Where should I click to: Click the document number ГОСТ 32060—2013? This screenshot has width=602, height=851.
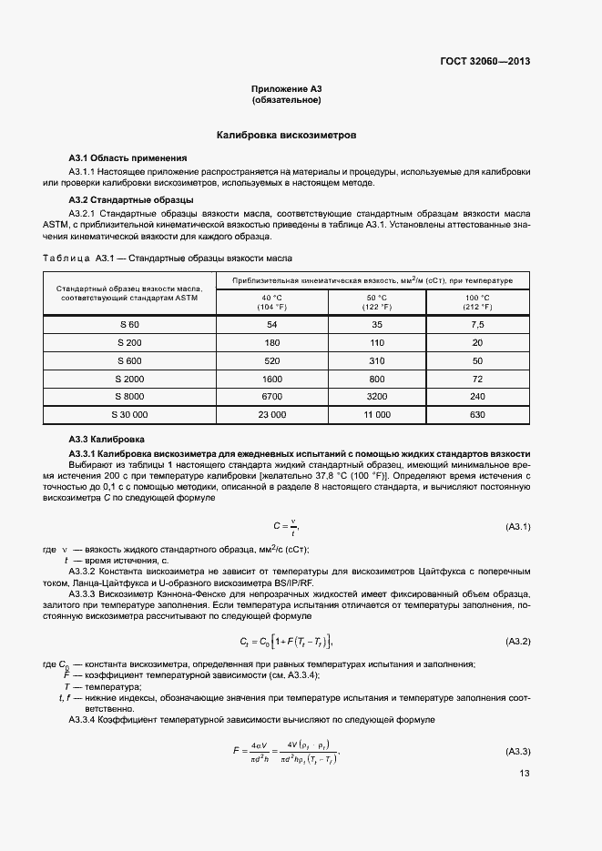485,62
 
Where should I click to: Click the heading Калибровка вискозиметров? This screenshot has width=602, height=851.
286,135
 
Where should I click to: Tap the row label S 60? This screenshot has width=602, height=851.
129,325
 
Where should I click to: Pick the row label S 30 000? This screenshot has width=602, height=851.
129,414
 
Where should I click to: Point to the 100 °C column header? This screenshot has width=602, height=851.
477,302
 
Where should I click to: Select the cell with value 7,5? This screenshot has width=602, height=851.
477,325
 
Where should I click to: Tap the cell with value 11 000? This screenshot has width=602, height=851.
376,414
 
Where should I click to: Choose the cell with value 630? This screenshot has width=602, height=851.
477,414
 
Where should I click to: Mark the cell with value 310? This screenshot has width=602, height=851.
376,360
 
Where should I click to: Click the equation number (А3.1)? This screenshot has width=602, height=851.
517,527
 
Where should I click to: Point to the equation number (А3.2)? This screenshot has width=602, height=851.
517,642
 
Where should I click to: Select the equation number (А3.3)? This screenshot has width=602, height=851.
517,751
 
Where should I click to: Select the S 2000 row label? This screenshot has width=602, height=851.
129,378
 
